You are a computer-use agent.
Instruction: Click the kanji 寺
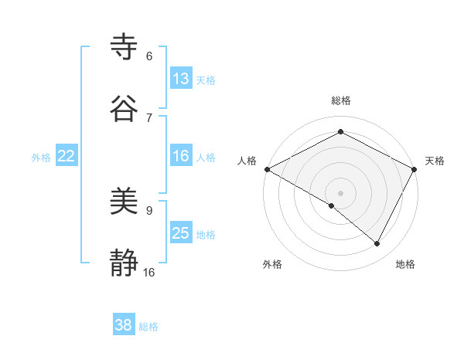pyautogui.click(x=125, y=47)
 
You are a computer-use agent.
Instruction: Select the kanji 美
pyautogui.click(x=125, y=202)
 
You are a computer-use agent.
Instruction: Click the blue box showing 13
pyautogui.click(x=180, y=78)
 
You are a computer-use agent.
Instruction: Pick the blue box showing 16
pyautogui.click(x=180, y=156)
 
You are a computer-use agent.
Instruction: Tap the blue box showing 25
pyautogui.click(x=180, y=233)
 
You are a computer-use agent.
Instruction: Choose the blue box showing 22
pyautogui.click(x=66, y=156)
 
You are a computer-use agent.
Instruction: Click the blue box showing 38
pyautogui.click(x=123, y=325)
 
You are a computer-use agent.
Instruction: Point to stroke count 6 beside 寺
pyautogui.click(x=149, y=56)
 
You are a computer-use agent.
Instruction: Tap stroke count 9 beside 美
pyautogui.click(x=149, y=210)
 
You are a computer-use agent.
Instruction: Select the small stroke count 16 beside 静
pyautogui.click(x=149, y=272)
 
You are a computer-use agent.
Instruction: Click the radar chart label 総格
pyautogui.click(x=341, y=100)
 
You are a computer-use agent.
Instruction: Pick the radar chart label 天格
pyautogui.click(x=435, y=161)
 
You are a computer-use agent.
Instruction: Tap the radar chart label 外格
pyautogui.click(x=272, y=264)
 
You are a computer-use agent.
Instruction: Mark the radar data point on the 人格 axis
pyautogui.click(x=267, y=169)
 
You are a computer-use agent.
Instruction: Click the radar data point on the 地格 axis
pyautogui.click(x=377, y=243)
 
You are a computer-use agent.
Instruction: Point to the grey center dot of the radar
pyautogui.click(x=341, y=192)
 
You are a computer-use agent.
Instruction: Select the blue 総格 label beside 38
pyautogui.click(x=148, y=327)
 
